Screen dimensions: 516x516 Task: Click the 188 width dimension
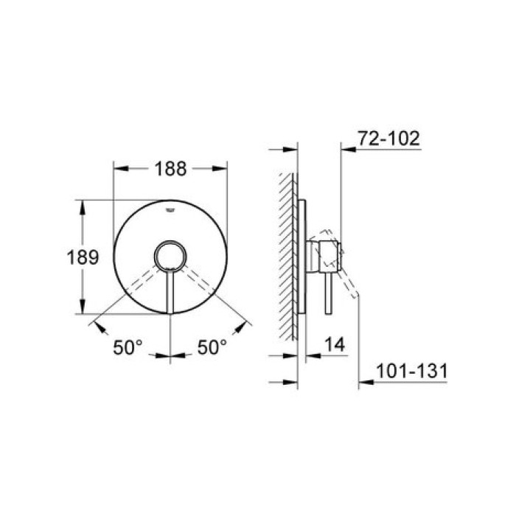coord(169,168)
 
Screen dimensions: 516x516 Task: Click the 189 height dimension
coord(83,258)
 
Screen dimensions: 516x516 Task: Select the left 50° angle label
coord(128,346)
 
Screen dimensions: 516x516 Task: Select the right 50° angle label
coord(212,346)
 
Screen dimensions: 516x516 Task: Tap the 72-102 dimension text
coord(388,138)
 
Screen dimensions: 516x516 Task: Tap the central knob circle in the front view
coord(170,258)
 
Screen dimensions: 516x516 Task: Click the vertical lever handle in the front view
coord(170,294)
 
